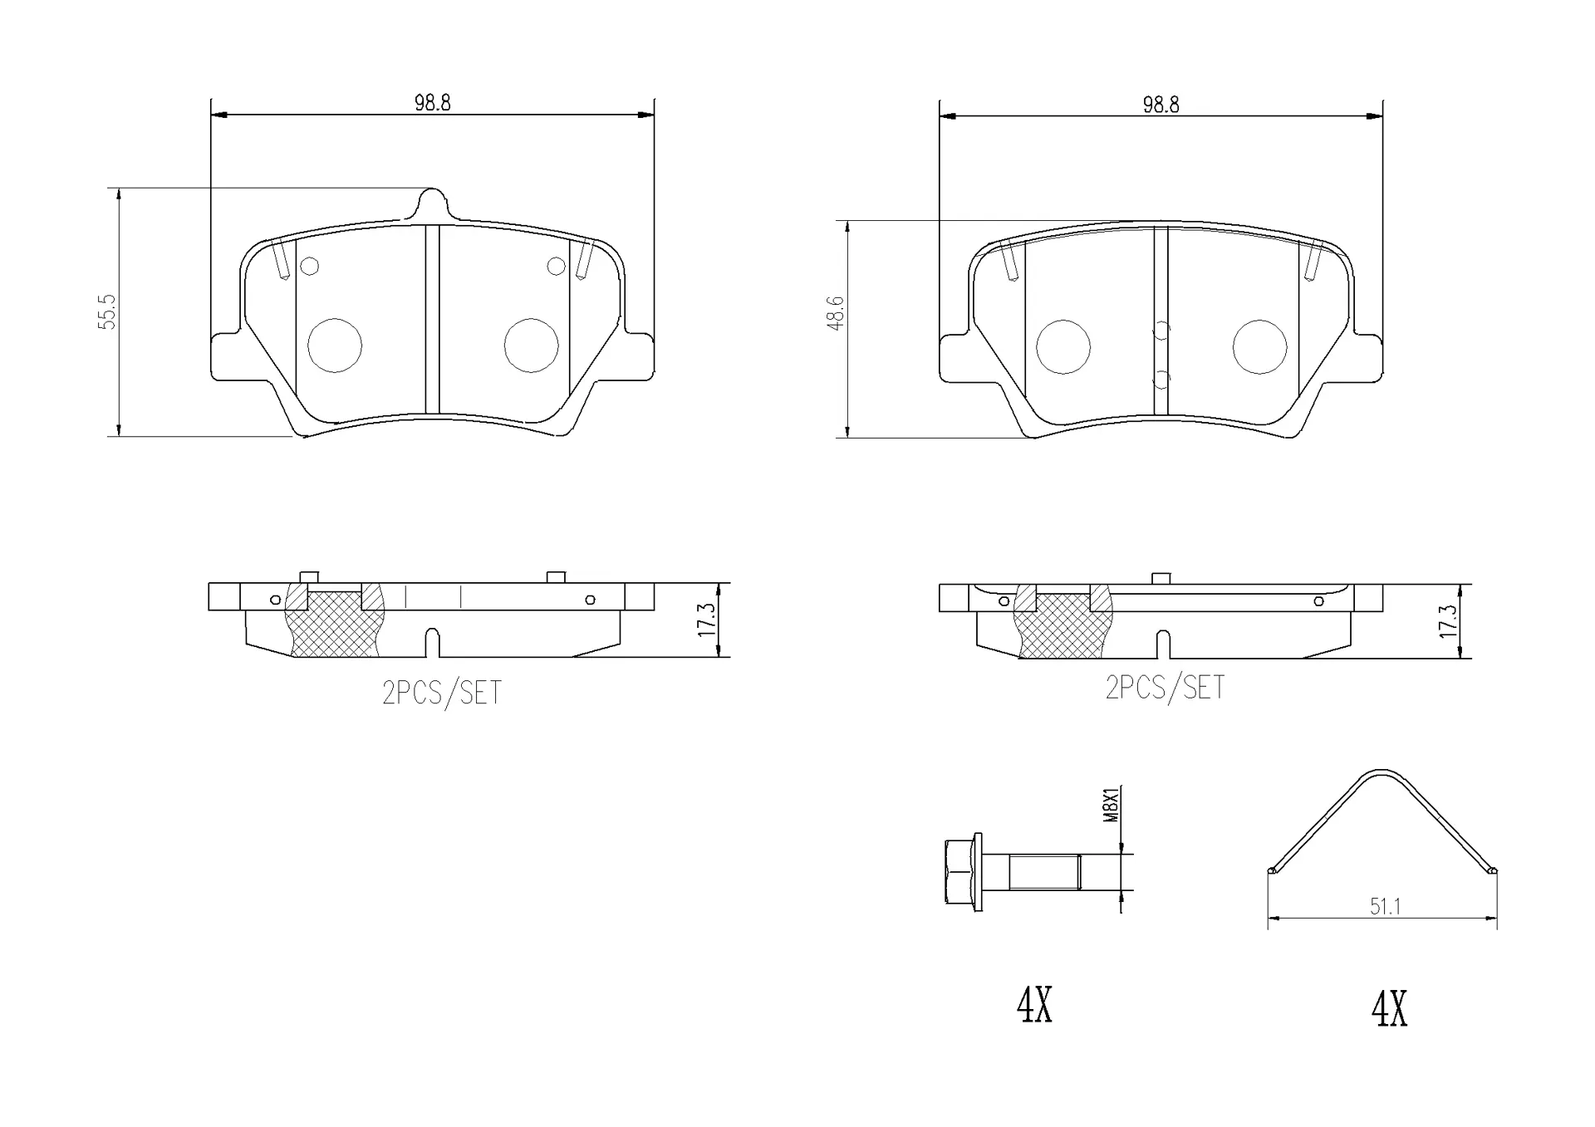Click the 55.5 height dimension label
pyautogui.click(x=107, y=312)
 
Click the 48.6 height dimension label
pyautogui.click(x=836, y=312)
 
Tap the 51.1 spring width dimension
pyautogui.click(x=1385, y=906)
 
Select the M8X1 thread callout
pyautogui.click(x=1112, y=805)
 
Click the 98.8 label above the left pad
pyautogui.click(x=433, y=103)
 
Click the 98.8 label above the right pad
pyautogui.click(x=1161, y=105)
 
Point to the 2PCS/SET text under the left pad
pyautogui.click(x=442, y=693)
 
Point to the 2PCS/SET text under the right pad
pyautogui.click(x=1165, y=688)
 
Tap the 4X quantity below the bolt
pyautogui.click(x=1035, y=1006)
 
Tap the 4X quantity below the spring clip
pyautogui.click(x=1389, y=1010)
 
